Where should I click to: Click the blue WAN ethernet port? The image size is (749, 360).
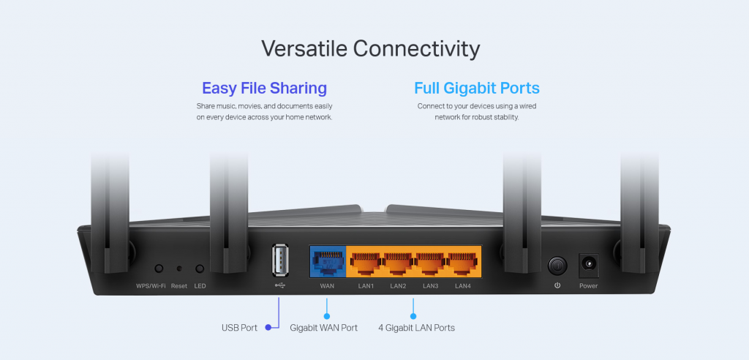[327, 263]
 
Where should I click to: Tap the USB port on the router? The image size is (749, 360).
[280, 260]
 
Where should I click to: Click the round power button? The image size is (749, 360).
[557, 266]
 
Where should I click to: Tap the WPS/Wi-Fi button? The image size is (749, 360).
[159, 269]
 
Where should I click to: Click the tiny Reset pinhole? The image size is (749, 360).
[179, 269]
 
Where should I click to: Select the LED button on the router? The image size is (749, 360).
[200, 269]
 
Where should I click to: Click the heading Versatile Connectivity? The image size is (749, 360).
[370, 49]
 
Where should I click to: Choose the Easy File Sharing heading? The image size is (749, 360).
[264, 88]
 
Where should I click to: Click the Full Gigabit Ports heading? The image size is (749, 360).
[477, 88]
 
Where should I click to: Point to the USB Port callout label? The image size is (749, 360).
[239, 328]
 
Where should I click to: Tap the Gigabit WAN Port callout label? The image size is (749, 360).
[323, 328]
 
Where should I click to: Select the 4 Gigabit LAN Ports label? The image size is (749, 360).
[416, 328]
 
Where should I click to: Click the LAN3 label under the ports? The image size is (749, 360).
[430, 286]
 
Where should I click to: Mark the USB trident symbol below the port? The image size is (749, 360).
[280, 285]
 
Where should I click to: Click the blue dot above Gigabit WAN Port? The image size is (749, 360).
[327, 316]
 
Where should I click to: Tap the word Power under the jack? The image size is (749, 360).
[589, 286]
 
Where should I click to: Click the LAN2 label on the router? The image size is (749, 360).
[398, 286]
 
